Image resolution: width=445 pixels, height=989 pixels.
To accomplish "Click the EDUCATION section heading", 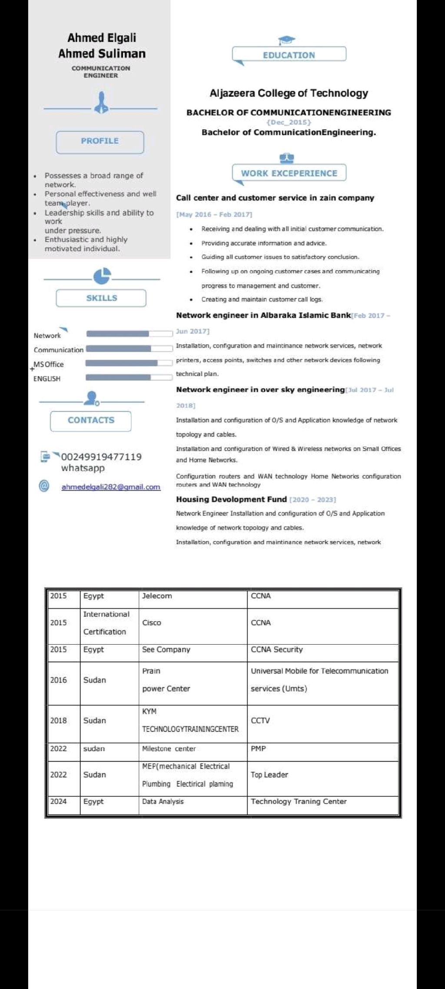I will click(289, 55).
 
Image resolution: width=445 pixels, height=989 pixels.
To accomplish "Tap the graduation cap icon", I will click(286, 40).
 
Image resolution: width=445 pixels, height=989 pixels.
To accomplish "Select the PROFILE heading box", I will click(100, 141).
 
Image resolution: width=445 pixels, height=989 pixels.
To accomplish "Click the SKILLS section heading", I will click(101, 298).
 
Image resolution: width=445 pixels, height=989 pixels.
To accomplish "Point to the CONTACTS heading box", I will click(91, 420).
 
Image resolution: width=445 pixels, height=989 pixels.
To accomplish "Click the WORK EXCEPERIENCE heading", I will click(289, 173).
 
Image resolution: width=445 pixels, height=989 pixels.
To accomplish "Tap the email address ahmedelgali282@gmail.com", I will click(111, 487).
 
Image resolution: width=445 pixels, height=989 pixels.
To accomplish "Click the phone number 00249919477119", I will click(101, 457).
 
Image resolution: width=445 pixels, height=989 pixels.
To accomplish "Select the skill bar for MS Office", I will click(129, 363).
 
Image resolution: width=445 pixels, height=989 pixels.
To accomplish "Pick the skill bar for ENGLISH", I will click(129, 377).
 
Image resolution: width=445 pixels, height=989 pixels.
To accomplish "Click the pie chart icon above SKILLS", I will click(102, 276).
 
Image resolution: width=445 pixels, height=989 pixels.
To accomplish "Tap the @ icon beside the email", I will click(44, 486).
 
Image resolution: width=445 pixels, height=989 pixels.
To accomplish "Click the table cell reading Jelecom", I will click(157, 596).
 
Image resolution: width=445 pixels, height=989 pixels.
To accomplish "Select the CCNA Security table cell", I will click(277, 649).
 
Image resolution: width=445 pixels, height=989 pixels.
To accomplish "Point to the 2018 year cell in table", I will click(58, 720).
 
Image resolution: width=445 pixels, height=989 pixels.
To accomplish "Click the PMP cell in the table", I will click(258, 749).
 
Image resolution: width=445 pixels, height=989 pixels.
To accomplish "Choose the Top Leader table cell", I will click(269, 775).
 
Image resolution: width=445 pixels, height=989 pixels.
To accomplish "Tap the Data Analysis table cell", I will click(163, 801).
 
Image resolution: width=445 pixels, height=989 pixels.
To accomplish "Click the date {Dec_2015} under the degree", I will click(289, 122).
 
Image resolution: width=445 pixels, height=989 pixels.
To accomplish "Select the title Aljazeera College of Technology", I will click(289, 93).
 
